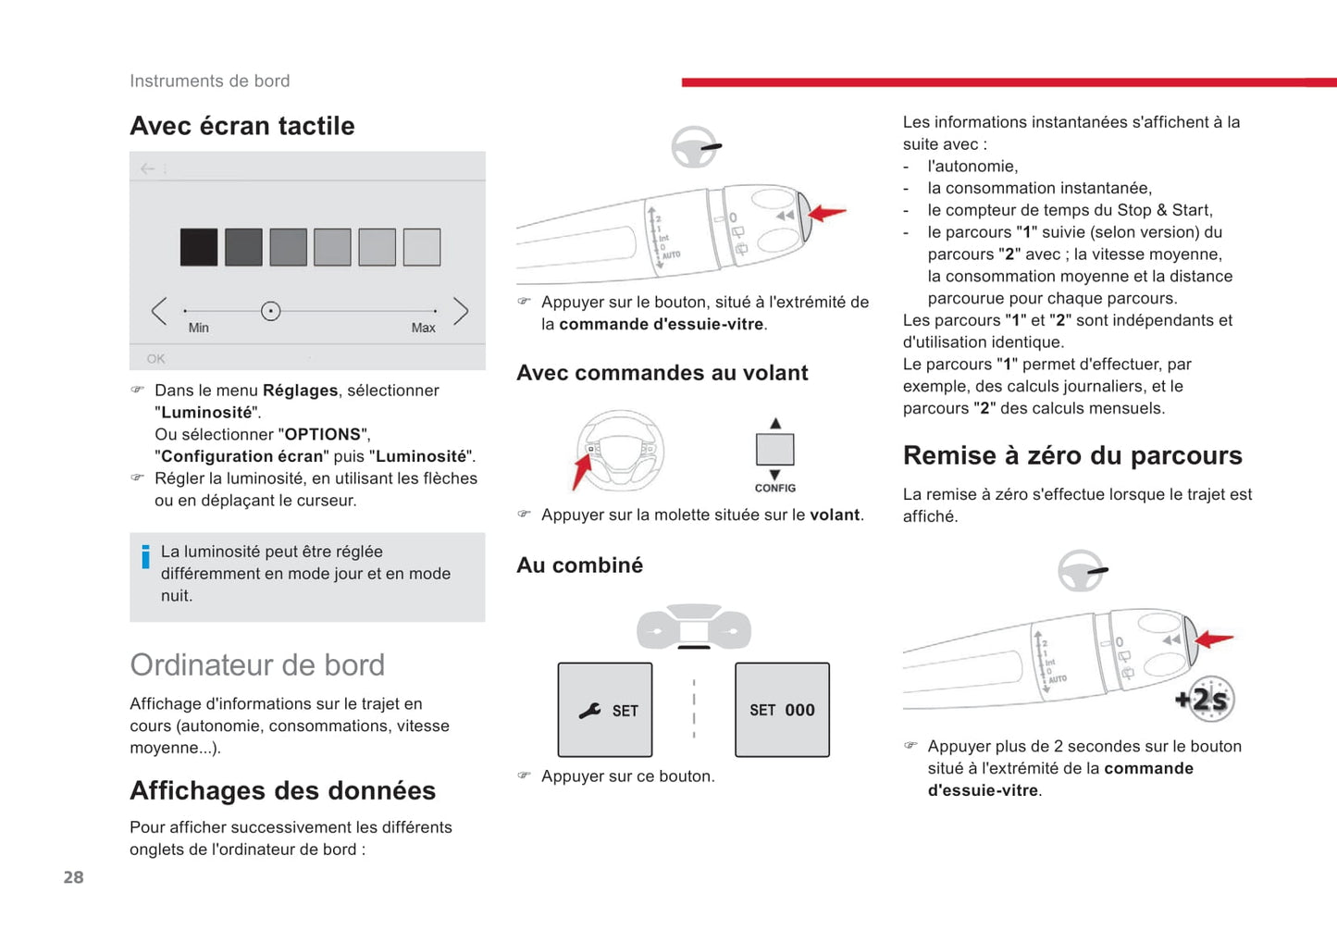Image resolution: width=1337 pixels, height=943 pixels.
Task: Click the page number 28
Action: click(x=73, y=877)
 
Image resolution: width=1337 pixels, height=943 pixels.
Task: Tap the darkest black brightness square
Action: click(x=199, y=247)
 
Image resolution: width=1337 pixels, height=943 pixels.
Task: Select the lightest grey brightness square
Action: click(x=422, y=247)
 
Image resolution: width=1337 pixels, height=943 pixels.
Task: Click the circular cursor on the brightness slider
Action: click(x=270, y=311)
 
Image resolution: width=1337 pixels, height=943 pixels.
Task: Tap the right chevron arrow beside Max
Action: click(x=460, y=311)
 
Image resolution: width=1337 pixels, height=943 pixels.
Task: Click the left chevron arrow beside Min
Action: click(x=159, y=311)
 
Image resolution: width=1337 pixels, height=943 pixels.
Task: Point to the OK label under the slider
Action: click(x=155, y=358)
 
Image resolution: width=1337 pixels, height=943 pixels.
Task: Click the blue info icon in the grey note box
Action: click(x=145, y=556)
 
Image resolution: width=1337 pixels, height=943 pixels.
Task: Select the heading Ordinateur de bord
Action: click(x=257, y=664)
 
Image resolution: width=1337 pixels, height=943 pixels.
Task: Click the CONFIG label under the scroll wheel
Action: click(x=774, y=488)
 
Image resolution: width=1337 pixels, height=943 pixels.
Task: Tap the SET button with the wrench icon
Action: click(x=605, y=710)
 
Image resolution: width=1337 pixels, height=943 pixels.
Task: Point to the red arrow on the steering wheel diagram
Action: click(x=582, y=470)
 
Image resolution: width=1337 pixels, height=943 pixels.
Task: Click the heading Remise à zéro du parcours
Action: click(x=1072, y=455)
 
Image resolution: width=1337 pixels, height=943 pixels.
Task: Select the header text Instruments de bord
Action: click(x=209, y=81)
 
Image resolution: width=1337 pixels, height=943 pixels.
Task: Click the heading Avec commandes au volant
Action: click(x=662, y=373)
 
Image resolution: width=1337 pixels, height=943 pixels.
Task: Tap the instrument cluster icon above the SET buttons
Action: click(x=694, y=627)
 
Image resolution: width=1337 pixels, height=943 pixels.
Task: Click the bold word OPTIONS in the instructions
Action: click(x=322, y=434)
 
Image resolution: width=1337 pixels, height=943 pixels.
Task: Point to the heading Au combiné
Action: click(x=579, y=565)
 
